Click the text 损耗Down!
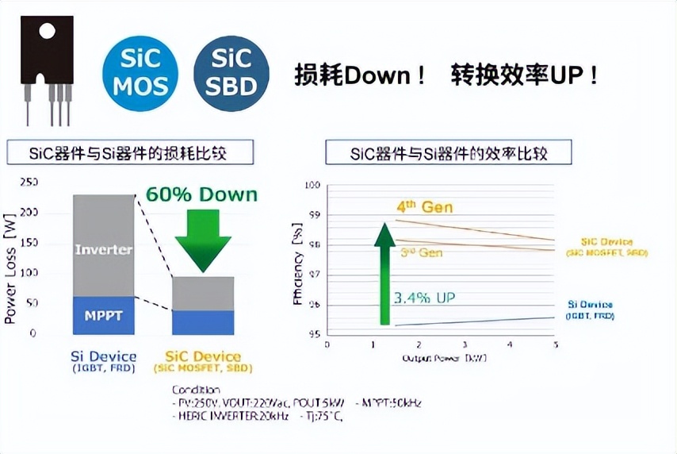[361, 76]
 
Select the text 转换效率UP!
[524, 76]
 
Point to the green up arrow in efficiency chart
[385, 274]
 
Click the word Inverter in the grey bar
[104, 249]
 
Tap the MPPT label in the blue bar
[104, 315]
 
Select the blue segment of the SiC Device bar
[203, 321]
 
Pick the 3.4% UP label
[424, 298]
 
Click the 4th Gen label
[424, 207]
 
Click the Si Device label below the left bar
[104, 357]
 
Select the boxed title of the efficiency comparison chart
[449, 152]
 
